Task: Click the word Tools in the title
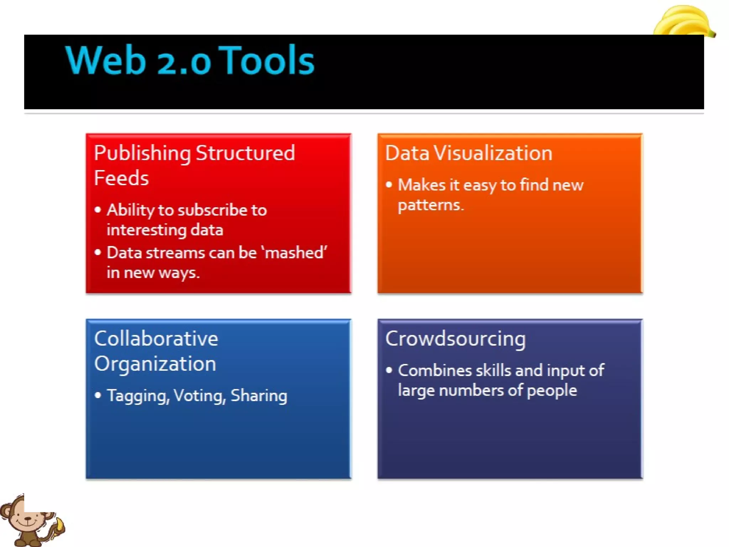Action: click(269, 61)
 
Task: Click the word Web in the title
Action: click(106, 61)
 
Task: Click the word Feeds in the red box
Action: click(121, 178)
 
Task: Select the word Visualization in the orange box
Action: click(493, 153)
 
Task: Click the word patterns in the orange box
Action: click(430, 205)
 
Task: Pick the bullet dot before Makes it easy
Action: click(389, 184)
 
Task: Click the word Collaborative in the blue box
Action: click(156, 339)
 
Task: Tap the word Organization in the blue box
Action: click(155, 364)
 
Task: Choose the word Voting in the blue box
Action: click(200, 396)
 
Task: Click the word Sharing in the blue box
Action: click(259, 396)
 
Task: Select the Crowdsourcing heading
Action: click(455, 339)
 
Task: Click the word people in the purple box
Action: click(551, 390)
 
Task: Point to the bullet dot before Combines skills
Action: click(389, 370)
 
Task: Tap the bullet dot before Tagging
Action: click(98, 395)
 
